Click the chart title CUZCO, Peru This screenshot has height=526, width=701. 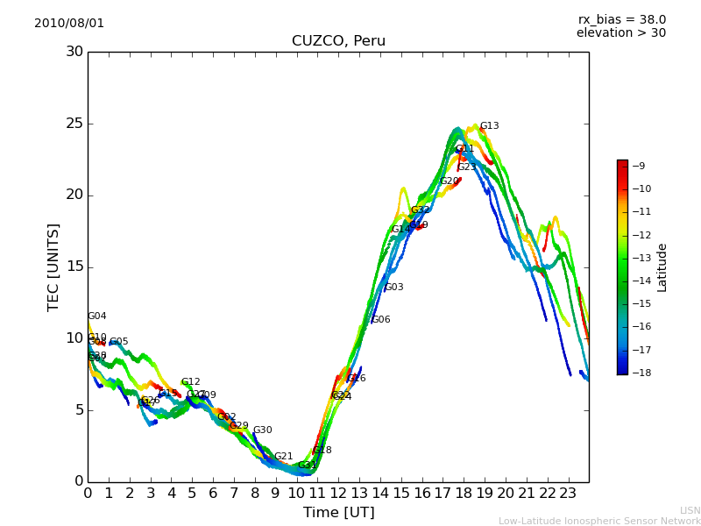coord(338,41)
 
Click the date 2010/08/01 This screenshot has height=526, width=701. coord(69,23)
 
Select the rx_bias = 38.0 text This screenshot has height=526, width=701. coord(621,19)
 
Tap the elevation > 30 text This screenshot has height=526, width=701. coord(621,33)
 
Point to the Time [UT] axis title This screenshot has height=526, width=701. coord(338,513)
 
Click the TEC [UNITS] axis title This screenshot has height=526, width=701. coord(53,267)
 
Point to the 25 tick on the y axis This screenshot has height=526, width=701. coord(75,124)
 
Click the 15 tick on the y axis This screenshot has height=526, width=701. coord(75,267)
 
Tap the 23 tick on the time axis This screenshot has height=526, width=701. coord(568,493)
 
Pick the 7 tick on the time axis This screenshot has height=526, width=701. coord(234,493)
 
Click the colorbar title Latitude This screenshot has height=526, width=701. coord(662,267)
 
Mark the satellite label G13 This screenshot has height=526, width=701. coord(489,126)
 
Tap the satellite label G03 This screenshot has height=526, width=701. coord(393,288)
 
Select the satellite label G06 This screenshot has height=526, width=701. coord(381,320)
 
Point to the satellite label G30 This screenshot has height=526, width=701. coord(262,430)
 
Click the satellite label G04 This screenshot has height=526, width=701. coord(96,316)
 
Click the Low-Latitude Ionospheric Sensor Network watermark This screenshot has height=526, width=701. coord(599,521)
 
